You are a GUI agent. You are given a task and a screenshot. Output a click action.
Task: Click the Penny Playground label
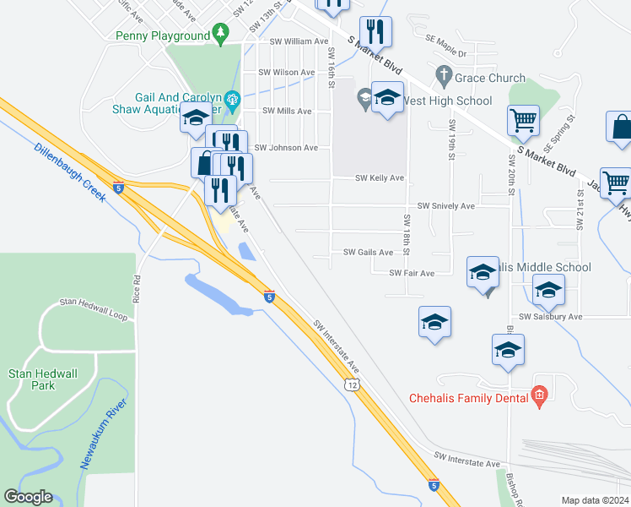pyautogui.click(x=162, y=36)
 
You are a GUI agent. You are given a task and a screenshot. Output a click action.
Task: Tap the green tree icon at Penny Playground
pyautogui.click(x=221, y=35)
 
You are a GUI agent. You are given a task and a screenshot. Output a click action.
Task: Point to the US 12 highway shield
pyautogui.click(x=351, y=384)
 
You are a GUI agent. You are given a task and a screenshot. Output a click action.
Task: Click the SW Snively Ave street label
pyautogui.click(x=447, y=205)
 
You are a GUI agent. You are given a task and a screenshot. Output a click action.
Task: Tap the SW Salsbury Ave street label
pyautogui.click(x=551, y=316)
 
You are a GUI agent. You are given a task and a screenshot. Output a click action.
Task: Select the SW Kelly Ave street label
pyautogui.click(x=380, y=178)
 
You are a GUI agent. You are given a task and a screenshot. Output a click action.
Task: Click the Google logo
pyautogui.click(x=28, y=497)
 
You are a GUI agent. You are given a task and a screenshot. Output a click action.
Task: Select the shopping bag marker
pyautogui.click(x=620, y=127)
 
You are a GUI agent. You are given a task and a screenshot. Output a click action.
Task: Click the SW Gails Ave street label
pyautogui.click(x=369, y=252)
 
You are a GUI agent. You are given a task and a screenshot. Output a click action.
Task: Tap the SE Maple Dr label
pyautogui.click(x=445, y=53)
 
